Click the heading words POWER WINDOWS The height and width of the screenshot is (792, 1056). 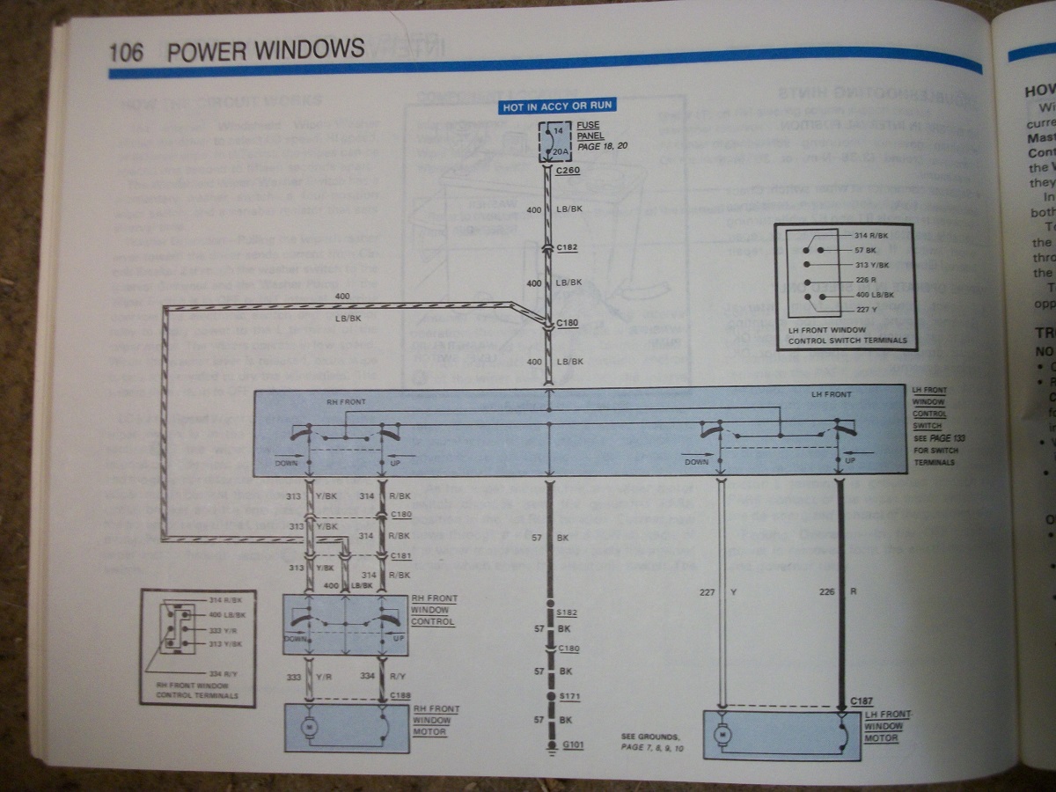(x=265, y=49)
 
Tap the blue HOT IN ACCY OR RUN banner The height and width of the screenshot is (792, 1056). (x=557, y=106)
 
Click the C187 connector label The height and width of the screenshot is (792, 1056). (x=862, y=701)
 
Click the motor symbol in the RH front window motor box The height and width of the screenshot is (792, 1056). (x=309, y=726)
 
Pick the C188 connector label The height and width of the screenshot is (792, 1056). (x=400, y=695)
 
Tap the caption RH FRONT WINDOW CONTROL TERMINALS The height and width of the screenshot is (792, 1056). (x=197, y=690)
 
